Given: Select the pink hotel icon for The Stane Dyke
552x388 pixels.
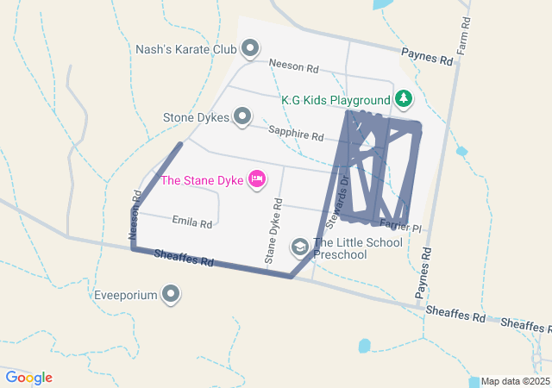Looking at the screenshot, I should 256,179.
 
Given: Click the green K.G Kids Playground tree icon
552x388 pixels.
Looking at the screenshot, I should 402,99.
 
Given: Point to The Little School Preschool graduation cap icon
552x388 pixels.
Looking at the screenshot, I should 300,248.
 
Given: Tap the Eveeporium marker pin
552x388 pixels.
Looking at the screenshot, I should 172,295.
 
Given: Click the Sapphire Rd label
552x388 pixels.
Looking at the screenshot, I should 295,135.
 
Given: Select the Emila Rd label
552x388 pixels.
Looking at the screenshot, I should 191,223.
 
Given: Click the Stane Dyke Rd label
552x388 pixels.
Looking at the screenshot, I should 273,230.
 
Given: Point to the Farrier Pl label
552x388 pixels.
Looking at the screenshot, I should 401,228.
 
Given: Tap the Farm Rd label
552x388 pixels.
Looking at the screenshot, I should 463,35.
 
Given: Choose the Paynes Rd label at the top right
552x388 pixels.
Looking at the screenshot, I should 427,58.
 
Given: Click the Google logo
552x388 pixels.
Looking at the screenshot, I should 28,378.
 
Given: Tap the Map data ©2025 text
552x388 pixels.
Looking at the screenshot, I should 514,381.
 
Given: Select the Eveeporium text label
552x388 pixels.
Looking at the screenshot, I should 126,295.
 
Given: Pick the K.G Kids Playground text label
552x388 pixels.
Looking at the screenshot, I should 336,100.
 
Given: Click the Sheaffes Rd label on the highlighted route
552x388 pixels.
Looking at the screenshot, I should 183,257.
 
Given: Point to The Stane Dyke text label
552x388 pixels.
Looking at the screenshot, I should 202,180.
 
